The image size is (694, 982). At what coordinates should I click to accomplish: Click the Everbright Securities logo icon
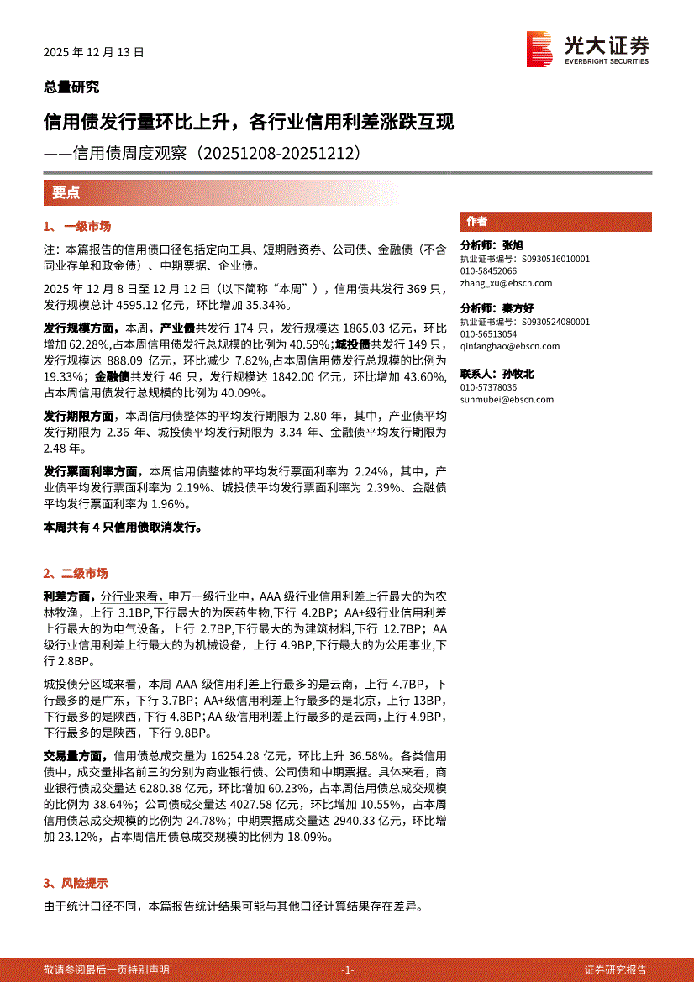tap(539, 50)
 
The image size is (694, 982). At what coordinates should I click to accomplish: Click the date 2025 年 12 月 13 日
tap(94, 51)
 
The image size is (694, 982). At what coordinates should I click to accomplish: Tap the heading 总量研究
tap(71, 87)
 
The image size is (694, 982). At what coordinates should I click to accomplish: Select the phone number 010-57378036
tap(488, 387)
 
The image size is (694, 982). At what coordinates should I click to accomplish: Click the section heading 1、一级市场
tap(77, 227)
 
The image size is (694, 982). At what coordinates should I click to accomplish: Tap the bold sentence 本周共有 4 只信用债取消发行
tap(123, 527)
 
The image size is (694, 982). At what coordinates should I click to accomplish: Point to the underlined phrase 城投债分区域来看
tap(94, 685)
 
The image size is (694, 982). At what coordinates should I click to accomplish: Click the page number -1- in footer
tap(348, 969)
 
